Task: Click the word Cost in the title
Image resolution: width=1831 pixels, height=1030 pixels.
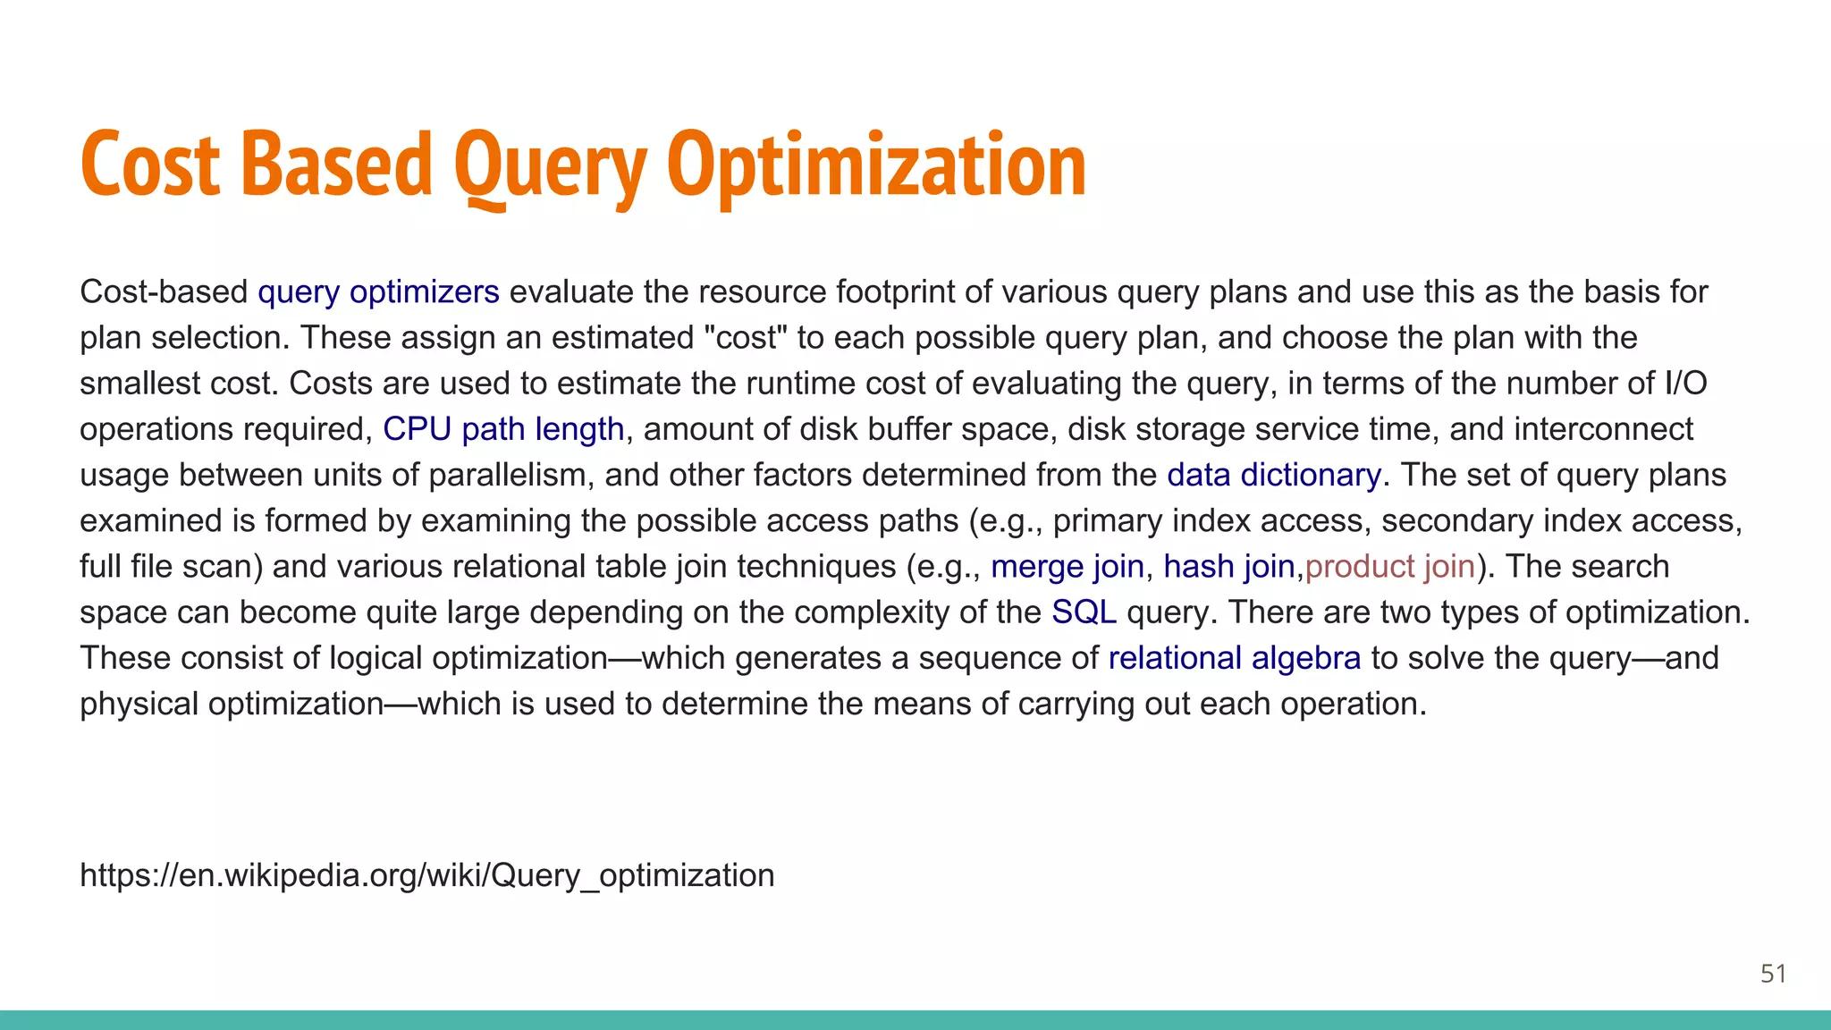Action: pyautogui.click(x=150, y=165)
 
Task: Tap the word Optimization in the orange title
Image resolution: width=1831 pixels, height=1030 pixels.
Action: pyautogui.click(x=876, y=165)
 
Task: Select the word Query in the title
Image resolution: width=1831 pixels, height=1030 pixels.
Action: pyautogui.click(x=550, y=165)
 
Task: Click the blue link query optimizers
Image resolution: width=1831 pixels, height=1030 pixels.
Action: pyautogui.click(x=378, y=292)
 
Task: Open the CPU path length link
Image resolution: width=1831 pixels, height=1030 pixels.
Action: pyautogui.click(x=503, y=429)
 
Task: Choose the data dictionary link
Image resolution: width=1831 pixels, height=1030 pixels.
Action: pyautogui.click(x=1274, y=475)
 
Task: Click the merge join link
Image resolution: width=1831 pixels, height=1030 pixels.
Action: pyautogui.click(x=1067, y=567)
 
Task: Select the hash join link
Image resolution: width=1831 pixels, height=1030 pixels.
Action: pyautogui.click(x=1228, y=567)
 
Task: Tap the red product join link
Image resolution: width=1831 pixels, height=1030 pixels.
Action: pyautogui.click(x=1389, y=567)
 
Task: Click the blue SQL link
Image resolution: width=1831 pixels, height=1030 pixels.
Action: pyautogui.click(x=1084, y=612)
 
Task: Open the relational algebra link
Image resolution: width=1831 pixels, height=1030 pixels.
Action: pyautogui.click(x=1234, y=658)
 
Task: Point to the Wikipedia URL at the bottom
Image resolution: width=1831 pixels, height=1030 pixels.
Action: pyautogui.click(x=426, y=875)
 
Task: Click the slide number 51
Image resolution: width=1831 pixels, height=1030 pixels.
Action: pyautogui.click(x=1773, y=974)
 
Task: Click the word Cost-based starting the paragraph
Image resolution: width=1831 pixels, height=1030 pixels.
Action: pyautogui.click(x=164, y=292)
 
